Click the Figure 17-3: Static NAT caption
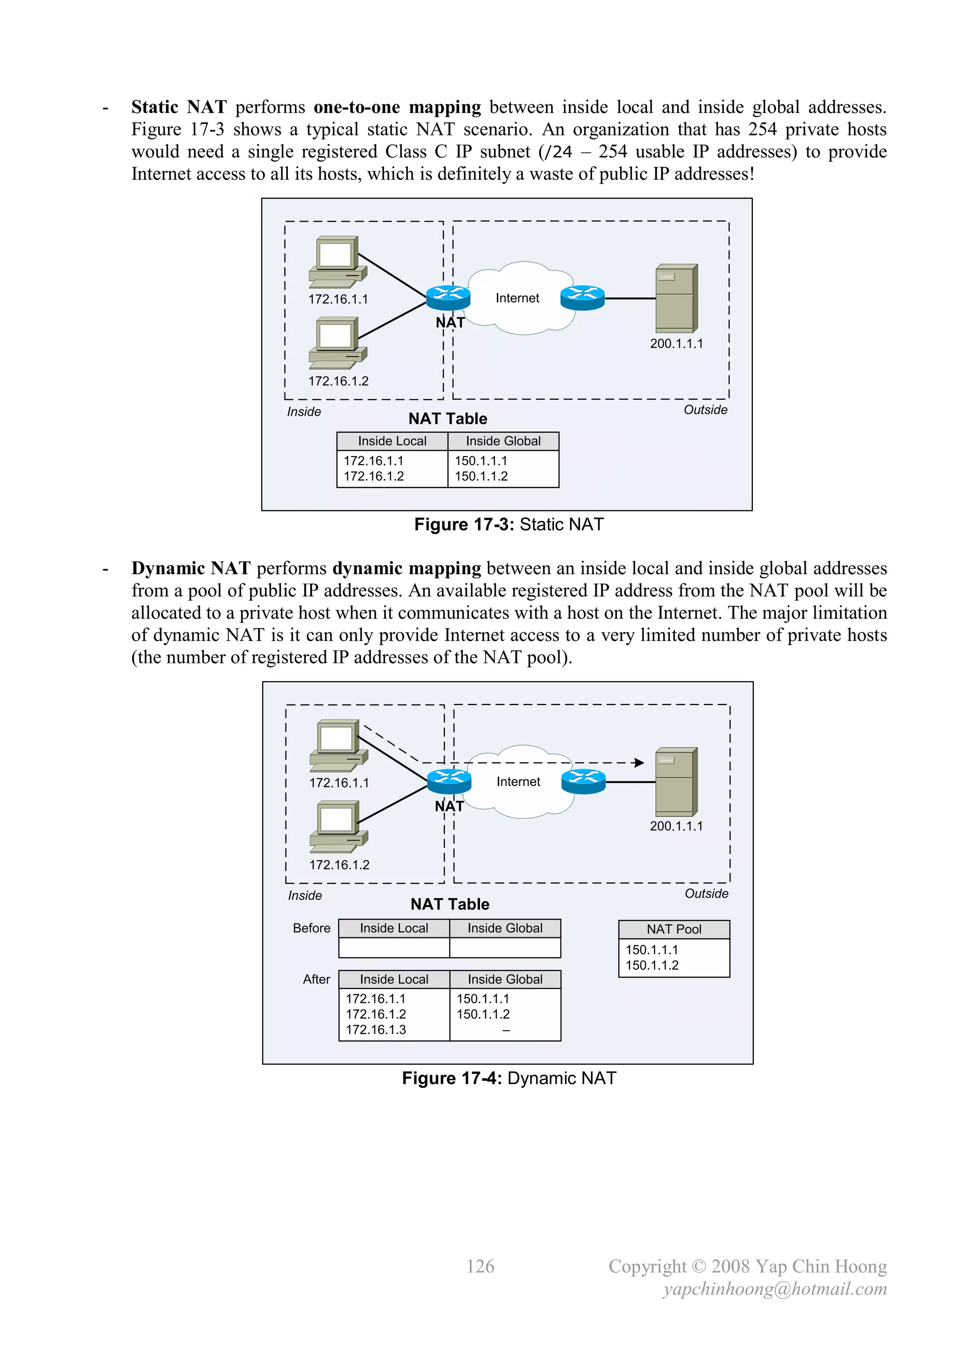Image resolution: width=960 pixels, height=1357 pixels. point(509,524)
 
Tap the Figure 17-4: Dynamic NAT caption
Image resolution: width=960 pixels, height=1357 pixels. point(509,1078)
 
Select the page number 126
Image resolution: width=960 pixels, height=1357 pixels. point(480,1266)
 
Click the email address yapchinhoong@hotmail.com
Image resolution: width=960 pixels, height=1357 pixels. point(774,1289)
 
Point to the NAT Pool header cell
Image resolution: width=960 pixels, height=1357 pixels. point(674,929)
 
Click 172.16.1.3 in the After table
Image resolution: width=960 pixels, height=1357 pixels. point(376,1029)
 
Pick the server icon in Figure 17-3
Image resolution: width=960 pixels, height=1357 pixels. point(676,299)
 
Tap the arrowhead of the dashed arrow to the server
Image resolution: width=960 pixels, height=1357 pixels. point(638,763)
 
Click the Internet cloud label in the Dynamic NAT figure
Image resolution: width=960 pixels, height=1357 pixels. point(518,781)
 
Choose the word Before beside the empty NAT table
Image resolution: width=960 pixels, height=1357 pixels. point(312,928)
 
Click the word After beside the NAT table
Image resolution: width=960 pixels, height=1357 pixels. point(316,979)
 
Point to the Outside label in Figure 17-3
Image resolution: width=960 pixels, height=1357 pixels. point(705,410)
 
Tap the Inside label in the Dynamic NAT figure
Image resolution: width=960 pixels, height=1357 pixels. point(305,895)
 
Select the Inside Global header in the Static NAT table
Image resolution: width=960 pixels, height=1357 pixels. point(503,441)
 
